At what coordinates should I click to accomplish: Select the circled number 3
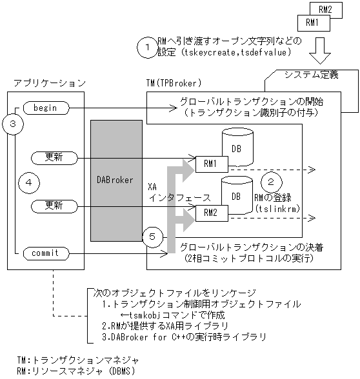(14, 124)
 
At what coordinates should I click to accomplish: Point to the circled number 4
(28, 182)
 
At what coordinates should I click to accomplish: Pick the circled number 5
(152, 237)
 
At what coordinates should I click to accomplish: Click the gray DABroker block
(116, 181)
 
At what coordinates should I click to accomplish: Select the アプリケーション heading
(49, 83)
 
